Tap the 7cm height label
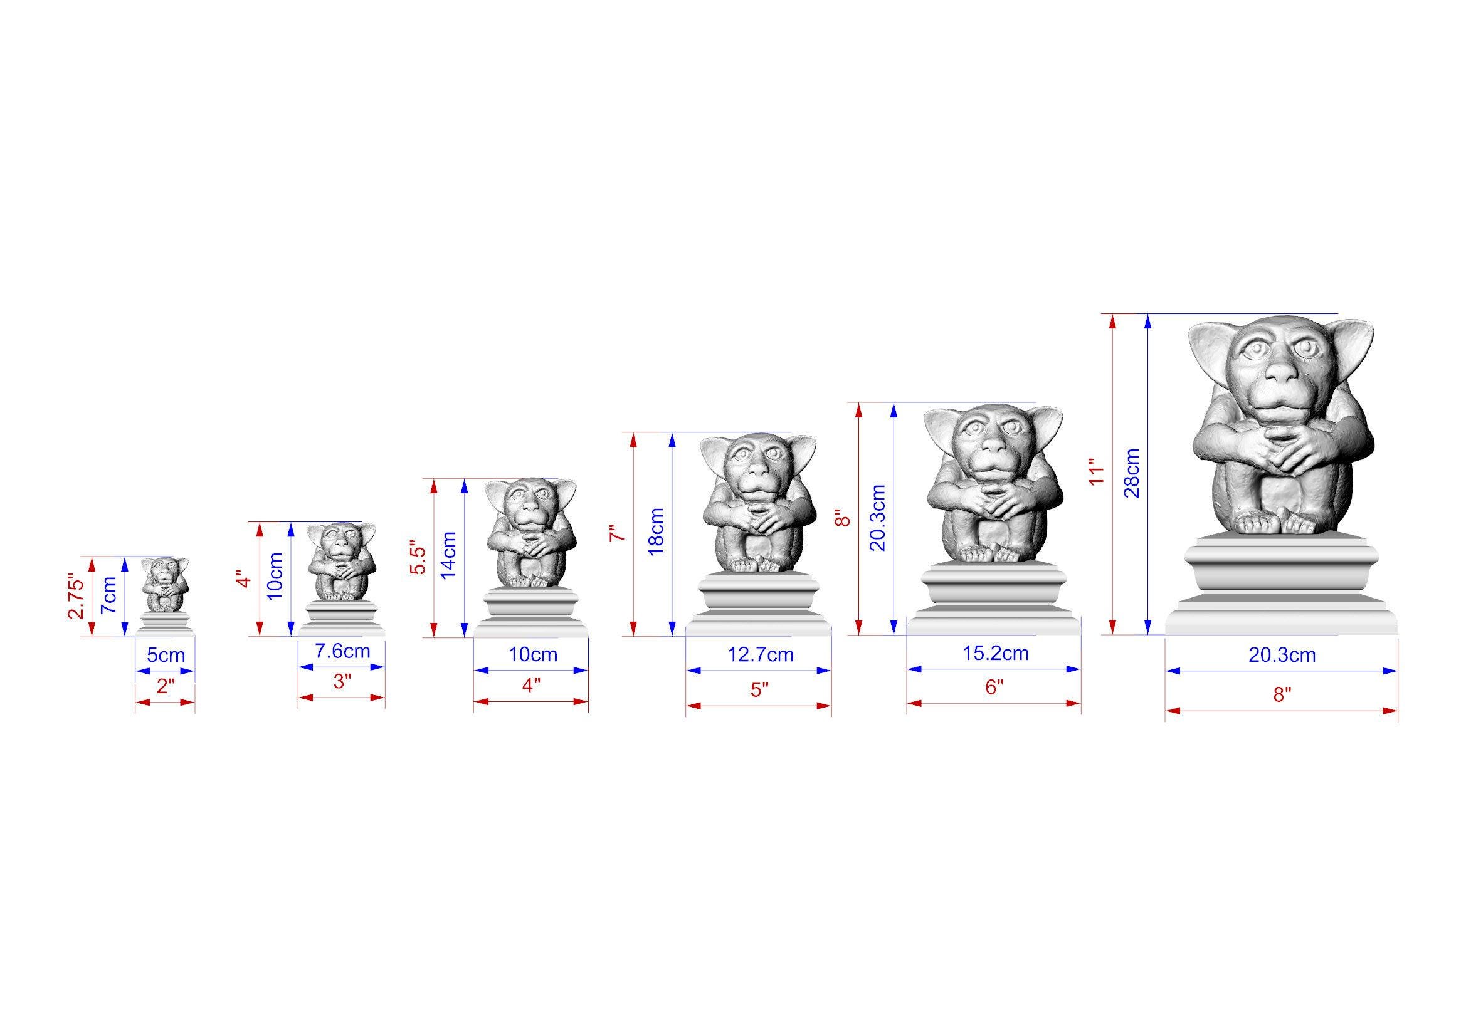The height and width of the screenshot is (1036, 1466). click(109, 595)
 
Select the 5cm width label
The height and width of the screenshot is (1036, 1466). click(166, 655)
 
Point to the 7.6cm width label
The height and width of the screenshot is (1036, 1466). click(342, 651)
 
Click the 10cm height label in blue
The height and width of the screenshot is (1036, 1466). click(275, 576)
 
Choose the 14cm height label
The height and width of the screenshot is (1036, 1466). click(448, 555)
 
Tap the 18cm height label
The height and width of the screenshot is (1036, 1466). click(656, 531)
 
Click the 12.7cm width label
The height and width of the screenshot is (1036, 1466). click(761, 654)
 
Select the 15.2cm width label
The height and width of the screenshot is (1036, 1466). click(996, 653)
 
